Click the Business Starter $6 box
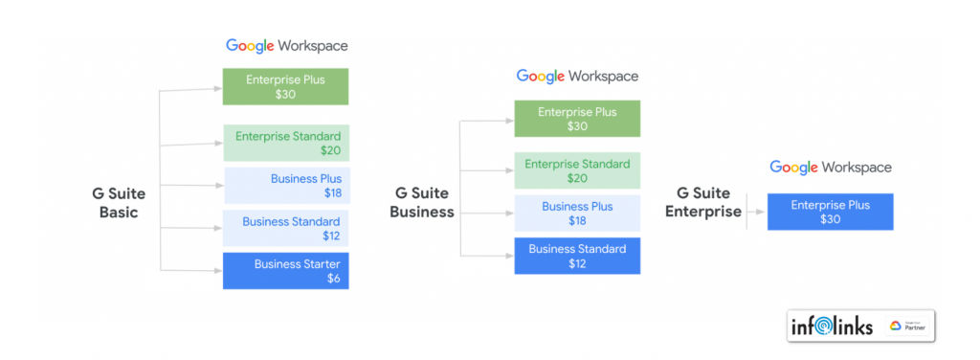tap(285, 270)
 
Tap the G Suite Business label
tap(421, 203)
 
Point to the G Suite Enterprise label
tap(703, 203)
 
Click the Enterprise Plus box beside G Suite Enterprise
tap(830, 212)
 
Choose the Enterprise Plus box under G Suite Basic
tap(285, 86)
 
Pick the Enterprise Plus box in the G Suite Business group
tap(577, 118)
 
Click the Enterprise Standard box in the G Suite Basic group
tap(286, 143)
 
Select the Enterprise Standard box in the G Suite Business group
tap(577, 170)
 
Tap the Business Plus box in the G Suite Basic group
tap(286, 186)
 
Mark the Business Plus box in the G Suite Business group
tap(577, 214)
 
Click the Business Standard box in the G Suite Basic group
tap(286, 229)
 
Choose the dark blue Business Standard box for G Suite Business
tap(577, 256)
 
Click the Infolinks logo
tap(832, 326)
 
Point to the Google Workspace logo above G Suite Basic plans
tap(286, 45)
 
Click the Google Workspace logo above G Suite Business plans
tap(577, 76)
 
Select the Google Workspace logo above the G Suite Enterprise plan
tap(830, 168)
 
